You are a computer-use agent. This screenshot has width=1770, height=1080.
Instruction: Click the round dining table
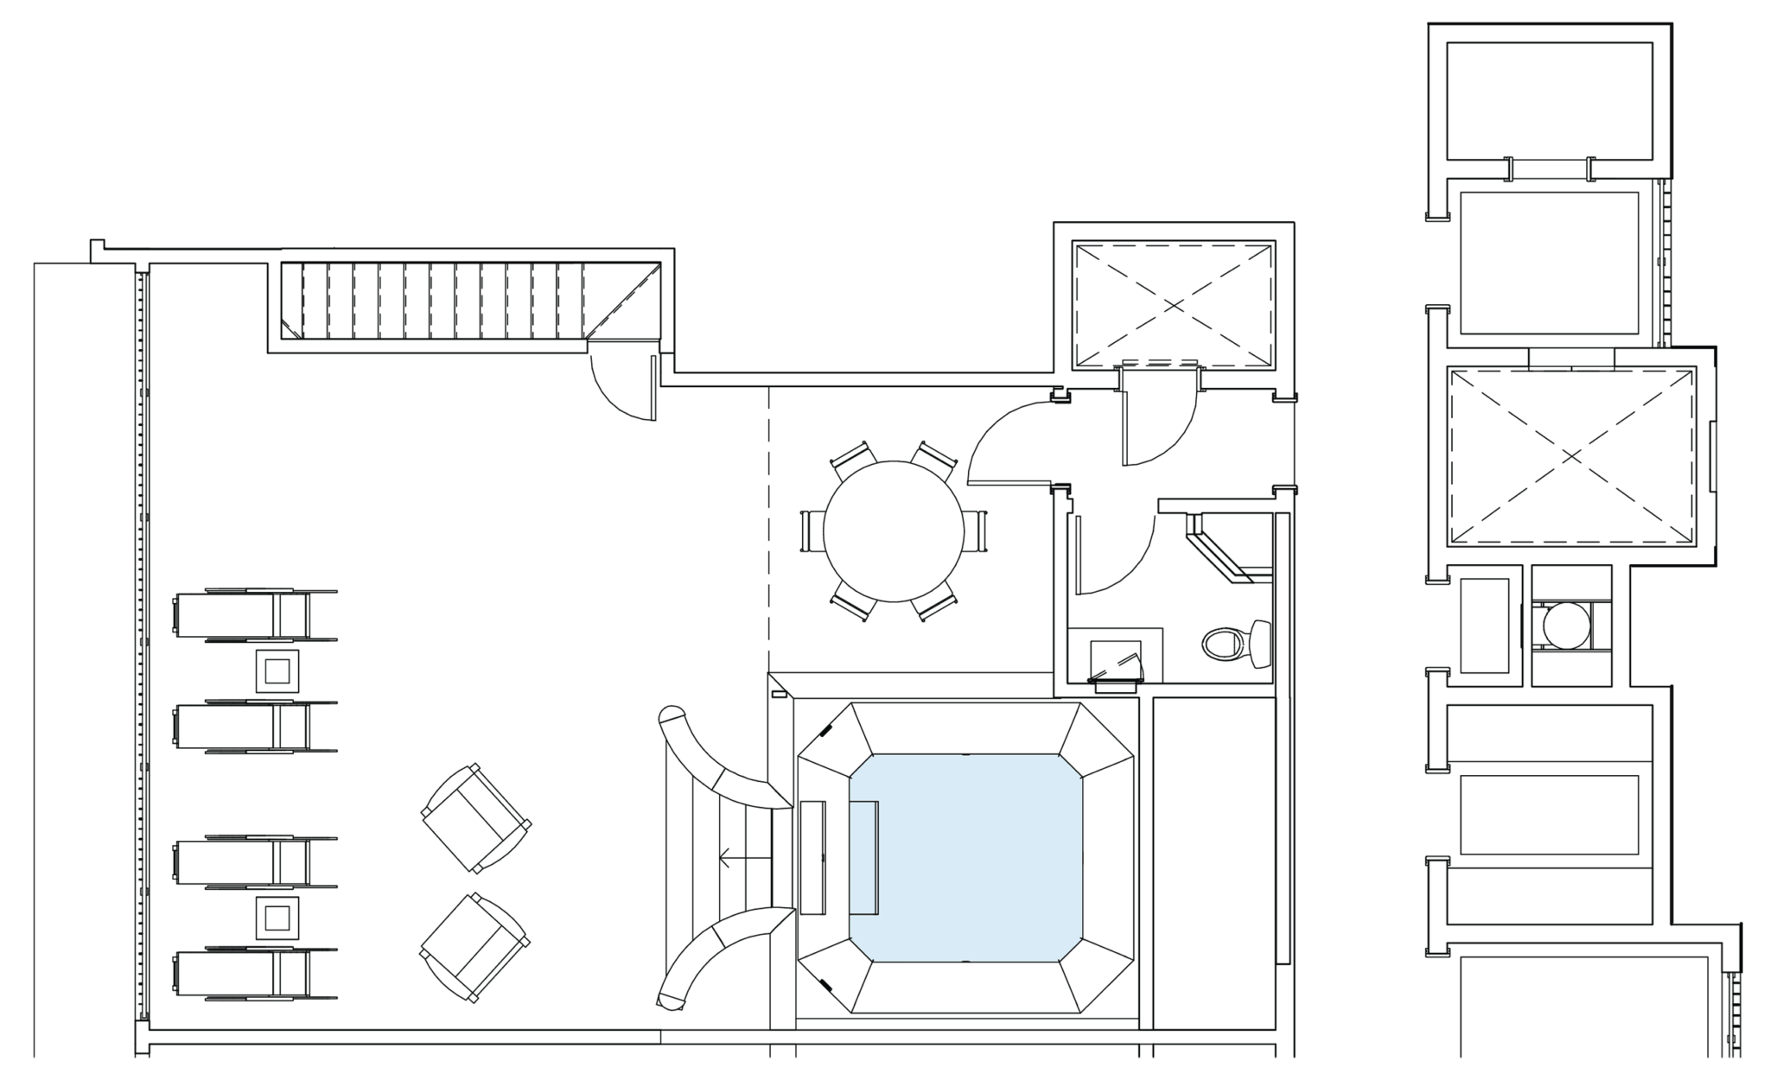[893, 531]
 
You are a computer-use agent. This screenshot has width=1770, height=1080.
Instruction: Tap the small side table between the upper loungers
[277, 670]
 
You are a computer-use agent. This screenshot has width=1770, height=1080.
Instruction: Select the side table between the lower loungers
[277, 918]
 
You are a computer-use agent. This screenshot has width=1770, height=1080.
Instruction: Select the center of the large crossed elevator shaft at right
[1571, 457]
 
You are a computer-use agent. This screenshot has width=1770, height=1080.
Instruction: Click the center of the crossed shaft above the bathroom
[1173, 305]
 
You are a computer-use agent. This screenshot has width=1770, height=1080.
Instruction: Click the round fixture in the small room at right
[1566, 625]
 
